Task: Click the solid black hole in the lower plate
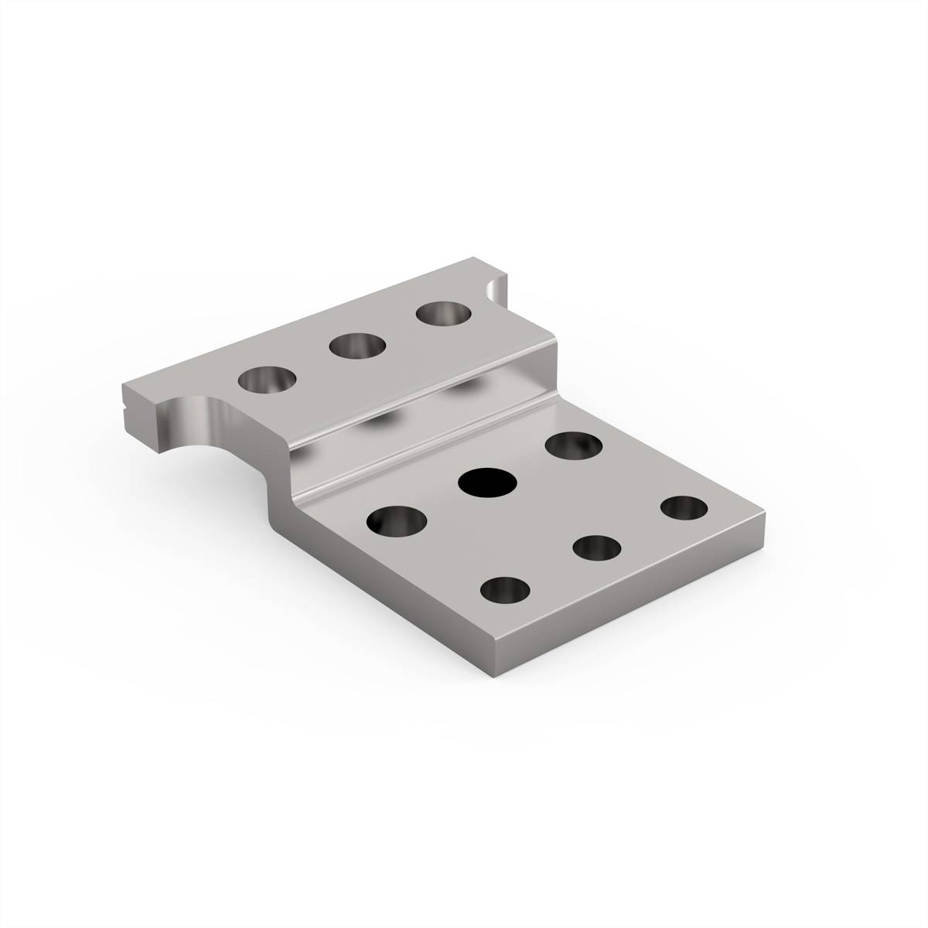tap(487, 483)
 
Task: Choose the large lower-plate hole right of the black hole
tap(574, 447)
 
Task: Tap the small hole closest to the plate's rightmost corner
tap(684, 508)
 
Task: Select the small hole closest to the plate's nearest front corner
tap(506, 591)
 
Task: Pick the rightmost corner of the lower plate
tap(766, 513)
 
